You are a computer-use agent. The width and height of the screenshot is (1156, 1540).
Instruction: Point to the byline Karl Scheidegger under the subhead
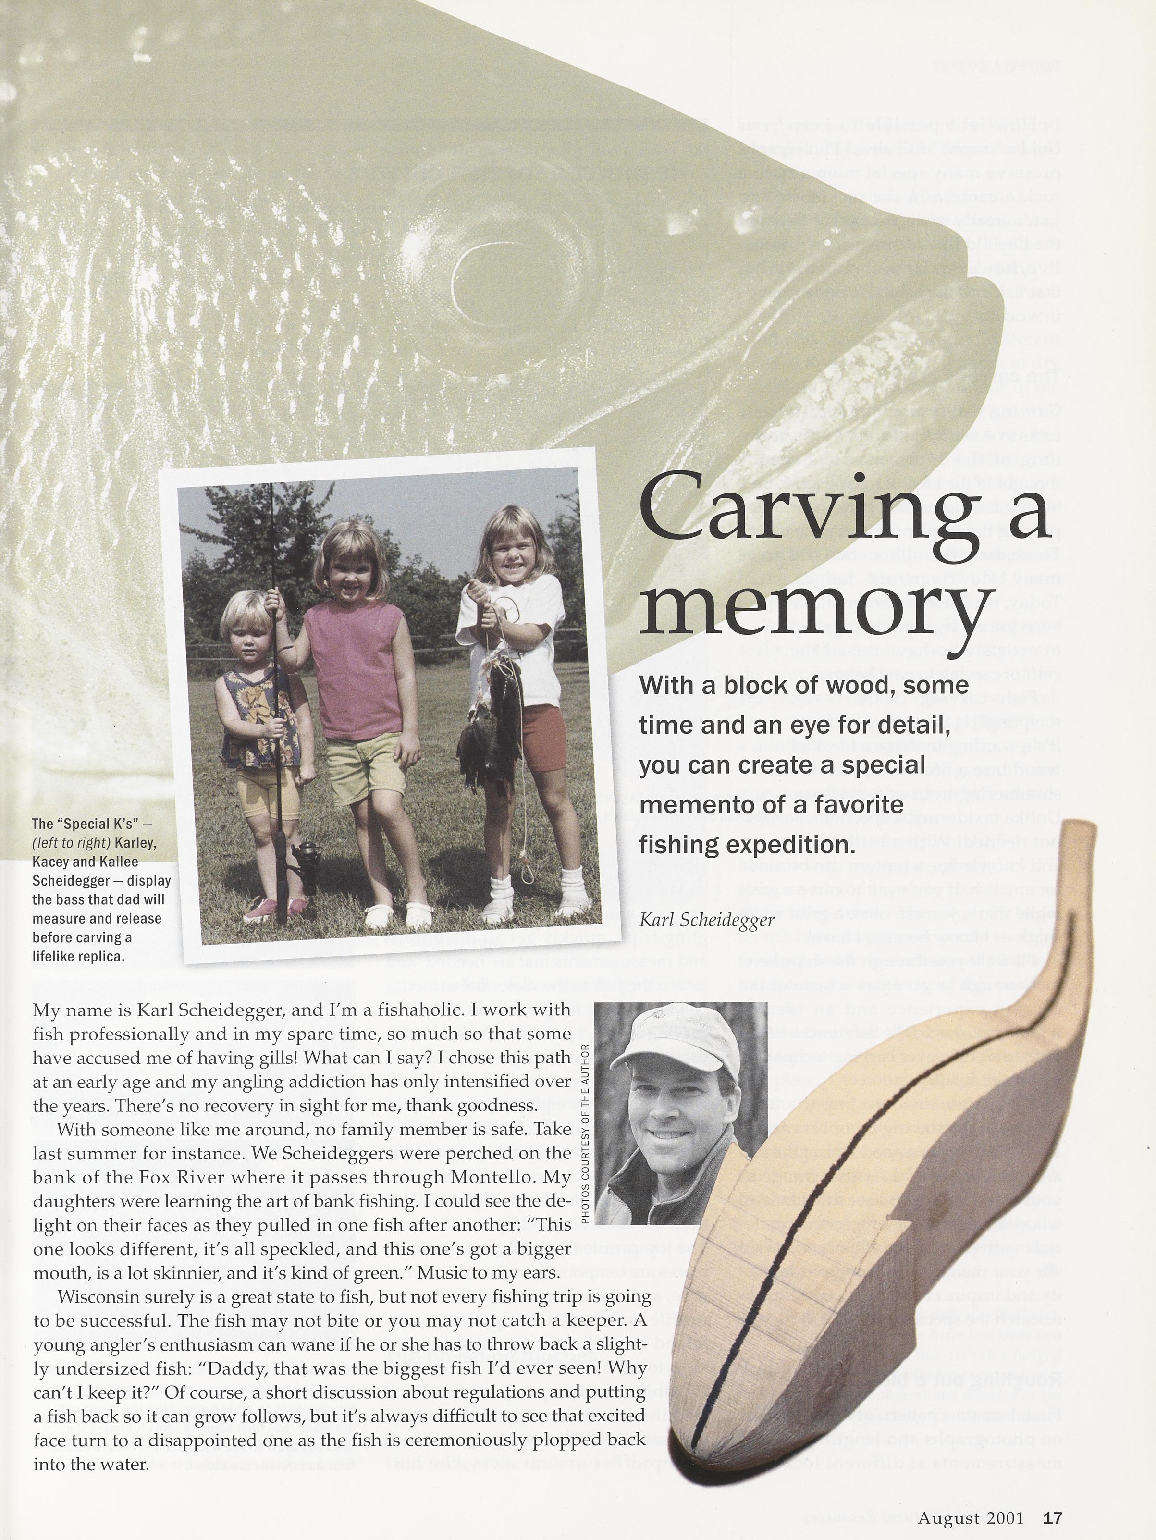point(706,920)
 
